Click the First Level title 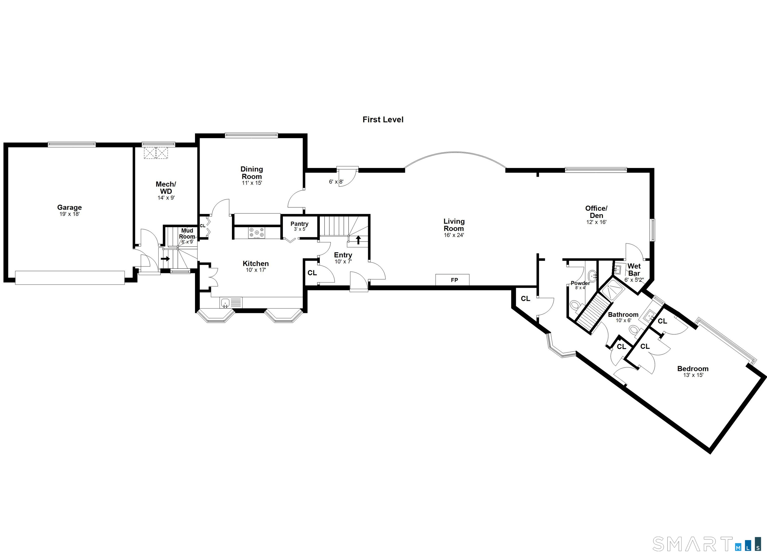(383, 120)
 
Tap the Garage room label (69, 207)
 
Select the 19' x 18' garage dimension (69, 214)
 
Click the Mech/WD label (166, 188)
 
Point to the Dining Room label (252, 173)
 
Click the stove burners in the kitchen (257, 233)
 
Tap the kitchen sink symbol (225, 303)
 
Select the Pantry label (299, 224)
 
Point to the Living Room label (454, 225)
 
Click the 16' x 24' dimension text (454, 235)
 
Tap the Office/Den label (596, 212)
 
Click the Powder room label (580, 283)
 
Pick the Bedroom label (693, 369)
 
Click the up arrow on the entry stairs (358, 240)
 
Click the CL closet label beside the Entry (312, 273)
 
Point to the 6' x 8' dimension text (336, 182)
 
